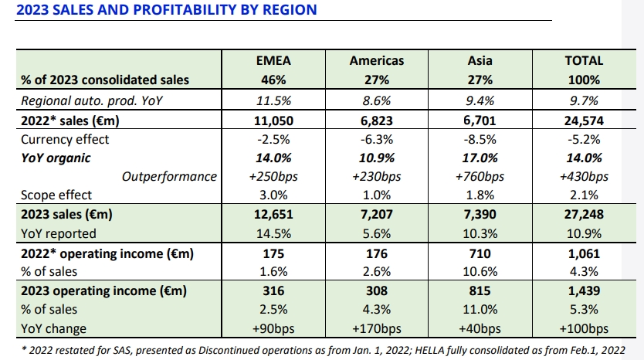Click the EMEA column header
click(272, 60)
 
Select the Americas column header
click(376, 60)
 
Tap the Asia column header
click(480, 60)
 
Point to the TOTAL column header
click(584, 60)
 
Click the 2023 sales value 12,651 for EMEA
click(272, 215)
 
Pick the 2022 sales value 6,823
click(376, 120)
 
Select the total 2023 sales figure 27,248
click(584, 215)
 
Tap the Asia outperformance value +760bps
click(480, 177)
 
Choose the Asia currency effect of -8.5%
click(480, 139)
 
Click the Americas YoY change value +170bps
click(376, 329)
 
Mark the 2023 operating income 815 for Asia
click(480, 291)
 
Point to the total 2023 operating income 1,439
click(584, 291)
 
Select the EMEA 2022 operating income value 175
click(272, 253)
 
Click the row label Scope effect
click(56, 195)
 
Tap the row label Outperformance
click(170, 177)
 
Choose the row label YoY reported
click(59, 233)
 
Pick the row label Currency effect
click(65, 139)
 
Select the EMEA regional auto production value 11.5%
click(272, 100)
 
